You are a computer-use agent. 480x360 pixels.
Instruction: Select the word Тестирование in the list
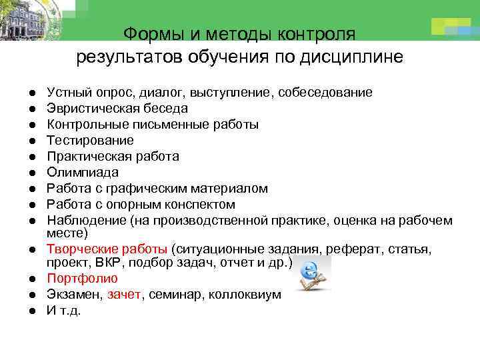89,140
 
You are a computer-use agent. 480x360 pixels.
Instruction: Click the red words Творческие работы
107,249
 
